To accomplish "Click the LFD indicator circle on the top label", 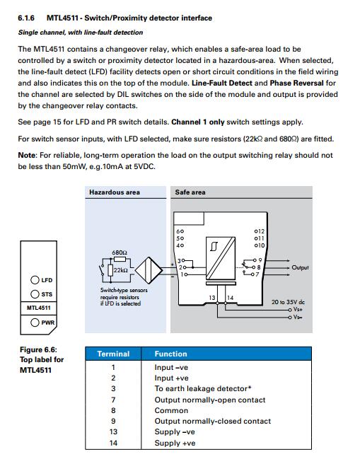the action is [x=35, y=280].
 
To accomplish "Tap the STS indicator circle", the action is [x=35, y=294].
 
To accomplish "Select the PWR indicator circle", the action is [x=35, y=322].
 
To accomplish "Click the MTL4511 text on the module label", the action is [x=39, y=308].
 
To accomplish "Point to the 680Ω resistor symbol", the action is [x=120, y=259].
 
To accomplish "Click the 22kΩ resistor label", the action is [x=120, y=270].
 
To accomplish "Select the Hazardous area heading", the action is [x=115, y=192].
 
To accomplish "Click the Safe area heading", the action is [x=190, y=192].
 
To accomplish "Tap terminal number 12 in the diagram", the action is [x=261, y=231].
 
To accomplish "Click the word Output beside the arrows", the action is [x=300, y=267].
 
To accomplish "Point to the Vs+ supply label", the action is [x=298, y=309].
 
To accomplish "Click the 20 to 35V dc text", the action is [x=288, y=302].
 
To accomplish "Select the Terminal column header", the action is [x=113, y=354].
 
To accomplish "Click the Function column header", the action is [x=171, y=354].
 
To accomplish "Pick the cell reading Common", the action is [x=171, y=410].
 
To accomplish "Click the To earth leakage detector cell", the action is [x=203, y=388].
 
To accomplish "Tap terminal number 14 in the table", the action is [x=113, y=443].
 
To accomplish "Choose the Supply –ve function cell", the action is [x=175, y=431].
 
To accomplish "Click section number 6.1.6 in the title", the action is [x=26, y=18].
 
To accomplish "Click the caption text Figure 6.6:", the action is [x=38, y=349].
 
